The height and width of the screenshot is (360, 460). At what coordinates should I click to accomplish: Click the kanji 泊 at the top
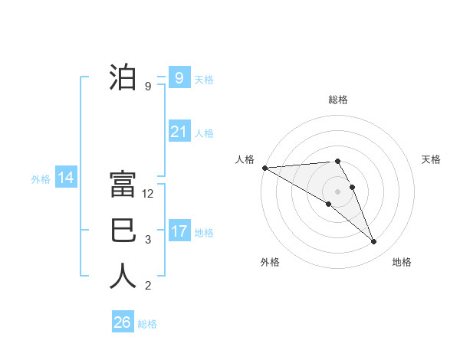coord(123,78)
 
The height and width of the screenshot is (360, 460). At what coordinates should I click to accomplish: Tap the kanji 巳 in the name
coord(123,231)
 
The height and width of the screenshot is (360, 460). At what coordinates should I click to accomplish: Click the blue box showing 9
coord(179,77)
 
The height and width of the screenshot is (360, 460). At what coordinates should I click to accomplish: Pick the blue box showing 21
coord(179,132)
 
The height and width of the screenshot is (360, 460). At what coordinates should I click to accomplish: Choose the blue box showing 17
coord(179,231)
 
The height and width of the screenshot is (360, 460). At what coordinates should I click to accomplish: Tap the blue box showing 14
coord(65,178)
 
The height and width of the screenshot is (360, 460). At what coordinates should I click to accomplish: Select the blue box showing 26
coord(122,322)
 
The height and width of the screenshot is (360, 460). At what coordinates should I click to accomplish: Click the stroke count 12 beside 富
coord(149,194)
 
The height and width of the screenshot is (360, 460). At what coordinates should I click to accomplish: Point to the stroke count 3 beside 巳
coord(148,240)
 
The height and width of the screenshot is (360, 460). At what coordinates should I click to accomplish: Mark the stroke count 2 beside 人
coord(148,286)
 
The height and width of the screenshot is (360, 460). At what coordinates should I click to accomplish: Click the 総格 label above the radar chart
coord(338,100)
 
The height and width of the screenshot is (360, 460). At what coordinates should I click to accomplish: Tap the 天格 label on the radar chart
coord(432,159)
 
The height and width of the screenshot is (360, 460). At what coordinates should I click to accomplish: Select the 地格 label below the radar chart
coord(402,262)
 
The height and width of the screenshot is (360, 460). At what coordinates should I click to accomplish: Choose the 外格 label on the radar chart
coord(270,262)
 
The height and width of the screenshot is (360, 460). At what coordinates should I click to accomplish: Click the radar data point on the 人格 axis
coord(264,168)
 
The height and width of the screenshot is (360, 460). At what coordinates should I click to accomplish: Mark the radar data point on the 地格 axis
coord(374,242)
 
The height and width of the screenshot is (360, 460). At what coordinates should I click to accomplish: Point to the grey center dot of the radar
coord(337,191)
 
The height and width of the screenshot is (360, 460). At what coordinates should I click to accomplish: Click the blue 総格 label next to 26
coord(147,324)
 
